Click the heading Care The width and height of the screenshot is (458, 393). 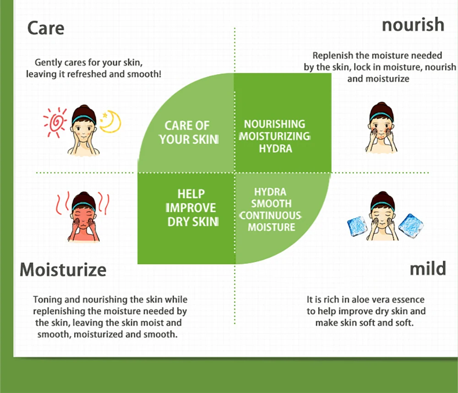click(46, 28)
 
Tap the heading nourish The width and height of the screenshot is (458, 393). click(413, 25)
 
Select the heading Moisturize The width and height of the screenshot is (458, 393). click(63, 269)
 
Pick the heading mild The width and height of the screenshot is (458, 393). click(428, 269)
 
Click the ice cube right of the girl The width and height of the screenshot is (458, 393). click(411, 226)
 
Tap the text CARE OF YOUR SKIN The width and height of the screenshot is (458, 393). click(187, 132)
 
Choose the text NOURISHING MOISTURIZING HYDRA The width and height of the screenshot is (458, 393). click(274, 136)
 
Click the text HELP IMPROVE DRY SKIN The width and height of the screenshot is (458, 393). click(191, 207)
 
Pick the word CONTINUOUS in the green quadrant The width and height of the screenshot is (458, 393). click(271, 215)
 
